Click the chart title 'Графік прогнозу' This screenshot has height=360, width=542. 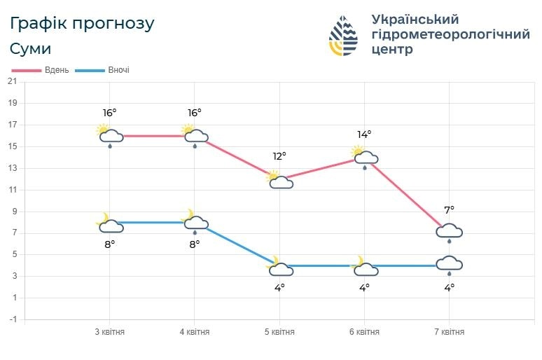click(x=82, y=23)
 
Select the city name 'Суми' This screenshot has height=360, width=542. click(x=31, y=50)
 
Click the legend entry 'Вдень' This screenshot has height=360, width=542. click(x=57, y=70)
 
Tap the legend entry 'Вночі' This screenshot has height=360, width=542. click(x=118, y=70)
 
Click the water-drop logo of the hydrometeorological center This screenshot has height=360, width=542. click(x=344, y=36)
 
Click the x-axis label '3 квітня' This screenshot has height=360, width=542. click(x=110, y=332)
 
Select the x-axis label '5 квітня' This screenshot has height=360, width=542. click(x=279, y=332)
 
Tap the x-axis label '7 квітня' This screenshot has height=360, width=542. click(x=449, y=332)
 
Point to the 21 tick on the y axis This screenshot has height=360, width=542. click(x=12, y=81)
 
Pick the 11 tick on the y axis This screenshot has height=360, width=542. click(x=12, y=190)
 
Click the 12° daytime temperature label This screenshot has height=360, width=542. click(x=279, y=156)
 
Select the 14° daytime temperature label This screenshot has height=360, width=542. click(x=364, y=134)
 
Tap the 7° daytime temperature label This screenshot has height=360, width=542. click(x=449, y=209)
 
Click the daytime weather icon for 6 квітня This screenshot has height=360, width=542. click(x=364, y=157)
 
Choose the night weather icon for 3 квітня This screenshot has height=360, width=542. click(x=109, y=223)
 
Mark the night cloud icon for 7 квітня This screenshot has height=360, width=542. click(x=449, y=265)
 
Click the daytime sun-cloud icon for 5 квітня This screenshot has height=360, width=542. click(x=279, y=180)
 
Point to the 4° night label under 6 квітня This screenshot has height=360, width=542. click(x=364, y=287)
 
